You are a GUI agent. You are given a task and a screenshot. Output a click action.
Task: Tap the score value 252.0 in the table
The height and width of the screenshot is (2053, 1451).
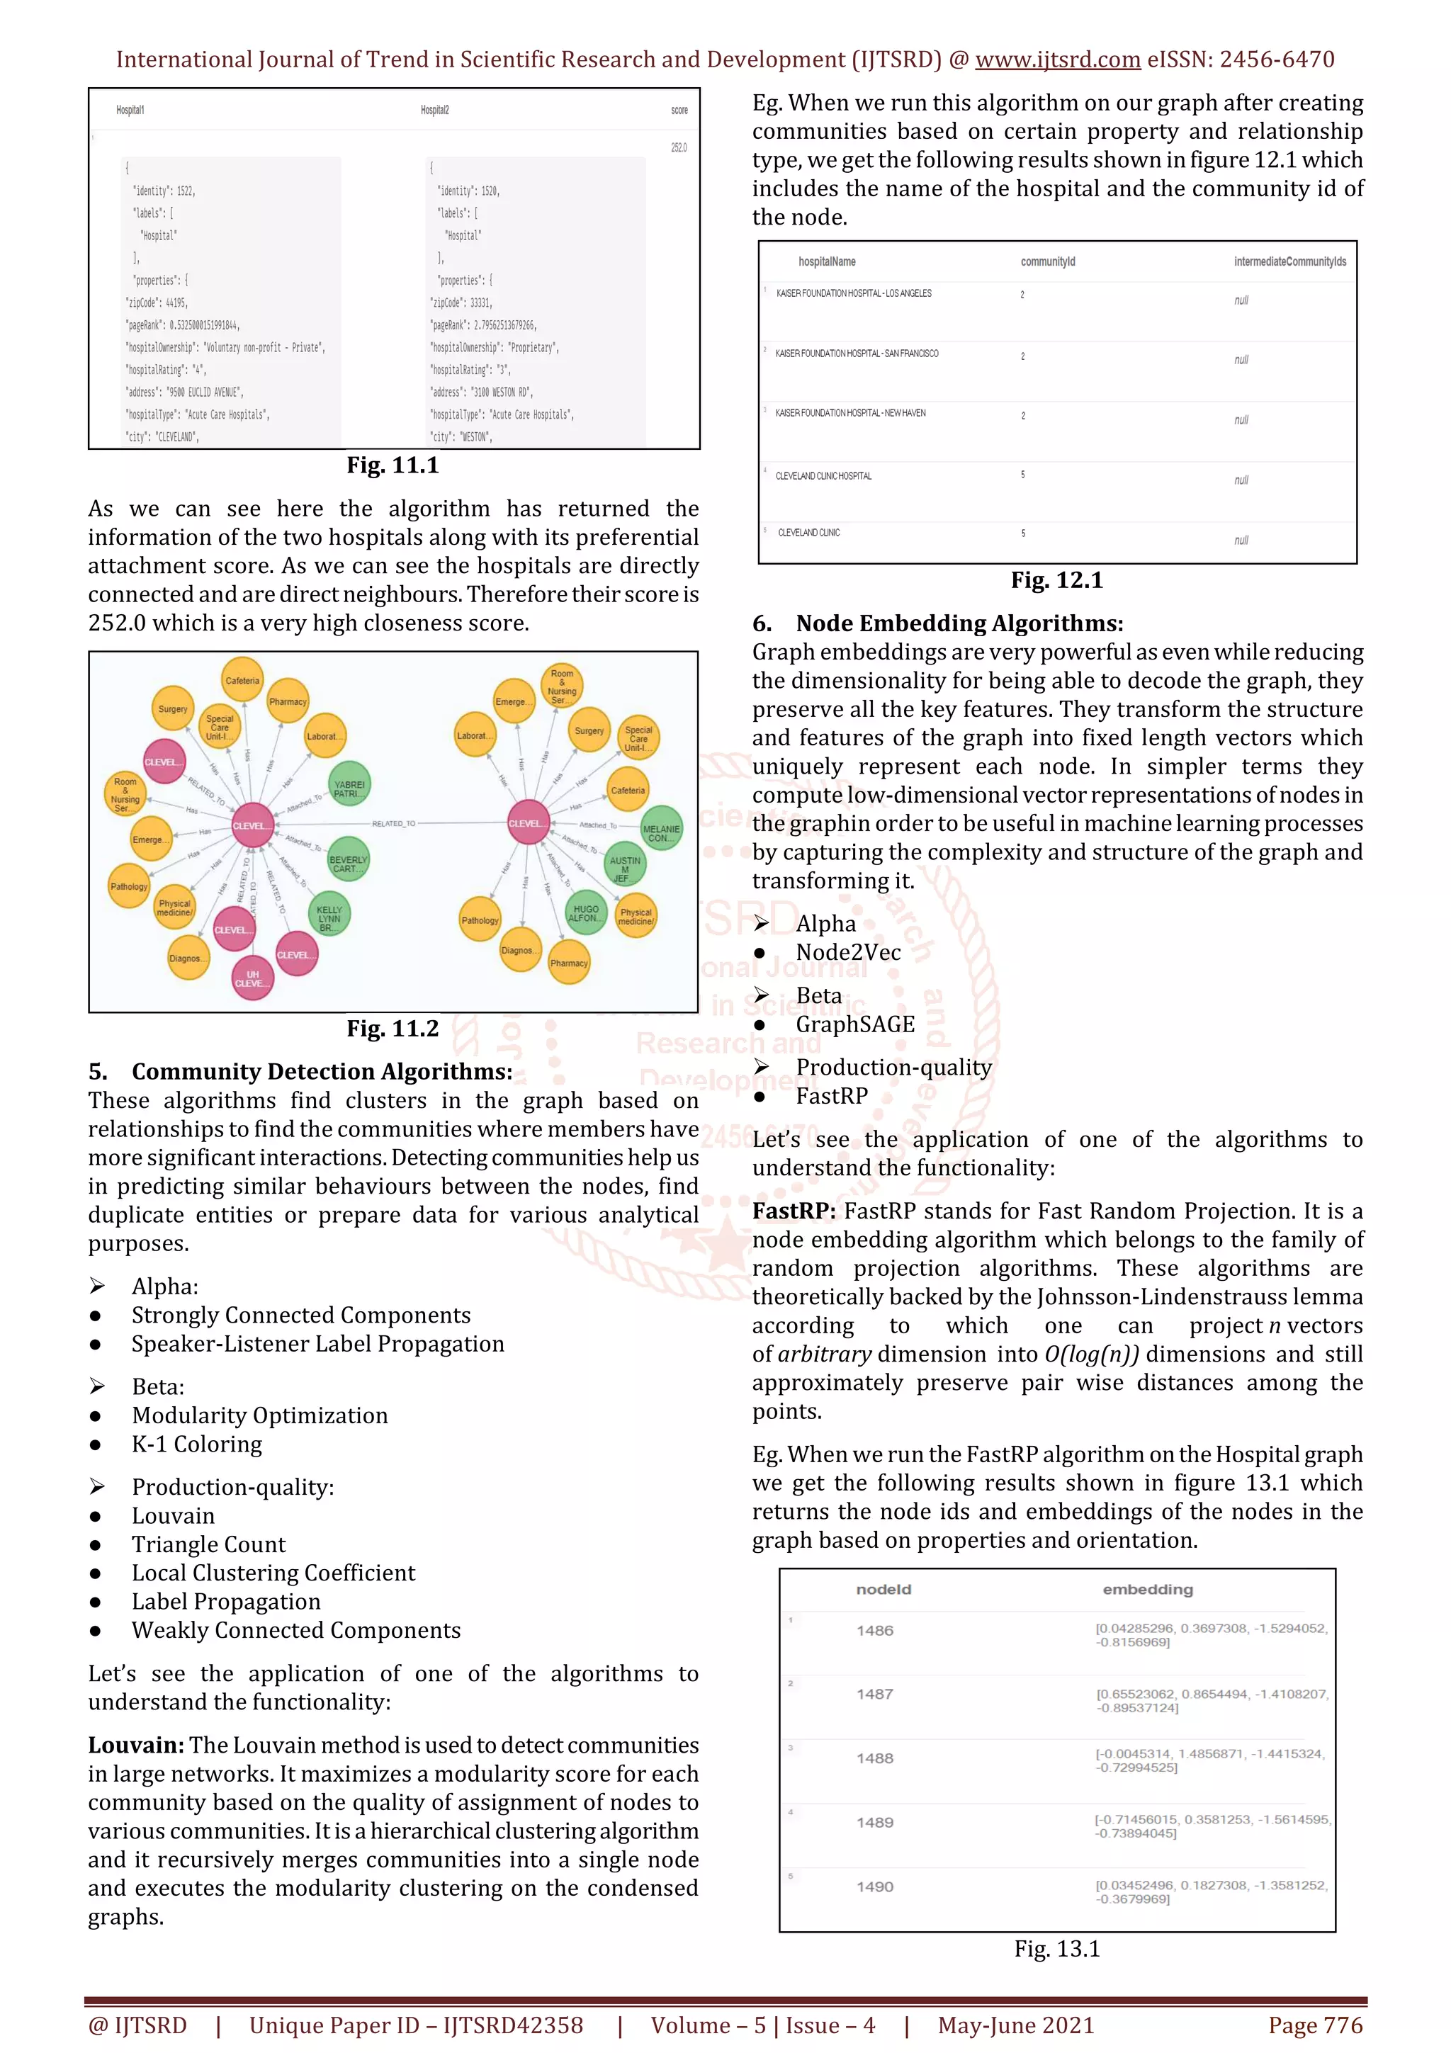tap(679, 147)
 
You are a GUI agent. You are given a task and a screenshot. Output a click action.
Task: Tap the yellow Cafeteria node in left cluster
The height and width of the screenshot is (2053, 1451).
tap(242, 681)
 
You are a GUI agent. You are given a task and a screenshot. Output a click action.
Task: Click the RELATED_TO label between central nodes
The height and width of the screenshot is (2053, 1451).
tap(393, 823)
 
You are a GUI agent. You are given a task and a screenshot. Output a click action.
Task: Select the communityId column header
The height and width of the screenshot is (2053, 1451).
tap(1048, 262)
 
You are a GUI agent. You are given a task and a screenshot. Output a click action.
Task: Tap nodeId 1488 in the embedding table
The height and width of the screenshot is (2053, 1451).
tap(874, 1758)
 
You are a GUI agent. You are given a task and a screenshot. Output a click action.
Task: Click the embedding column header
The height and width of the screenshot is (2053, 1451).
tap(1147, 1589)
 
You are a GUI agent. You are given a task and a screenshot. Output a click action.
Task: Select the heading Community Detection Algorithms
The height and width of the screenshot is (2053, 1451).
tap(322, 1071)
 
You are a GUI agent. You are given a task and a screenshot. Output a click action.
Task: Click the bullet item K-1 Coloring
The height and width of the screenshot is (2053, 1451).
tap(197, 1444)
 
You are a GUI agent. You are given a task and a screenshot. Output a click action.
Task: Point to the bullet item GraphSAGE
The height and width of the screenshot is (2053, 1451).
tap(854, 1024)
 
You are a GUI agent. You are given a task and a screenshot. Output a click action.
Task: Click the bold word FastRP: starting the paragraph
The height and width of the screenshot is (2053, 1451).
tap(793, 1211)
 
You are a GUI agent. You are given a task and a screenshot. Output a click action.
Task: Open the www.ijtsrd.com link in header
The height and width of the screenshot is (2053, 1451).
tap(1057, 60)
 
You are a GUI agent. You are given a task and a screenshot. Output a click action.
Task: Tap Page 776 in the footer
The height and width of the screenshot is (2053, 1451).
tap(1314, 2025)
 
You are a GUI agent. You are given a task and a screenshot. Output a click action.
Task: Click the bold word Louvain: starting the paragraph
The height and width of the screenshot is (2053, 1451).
tap(136, 1746)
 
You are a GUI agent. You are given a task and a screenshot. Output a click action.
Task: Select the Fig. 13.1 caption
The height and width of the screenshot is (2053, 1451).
tap(1057, 1950)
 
